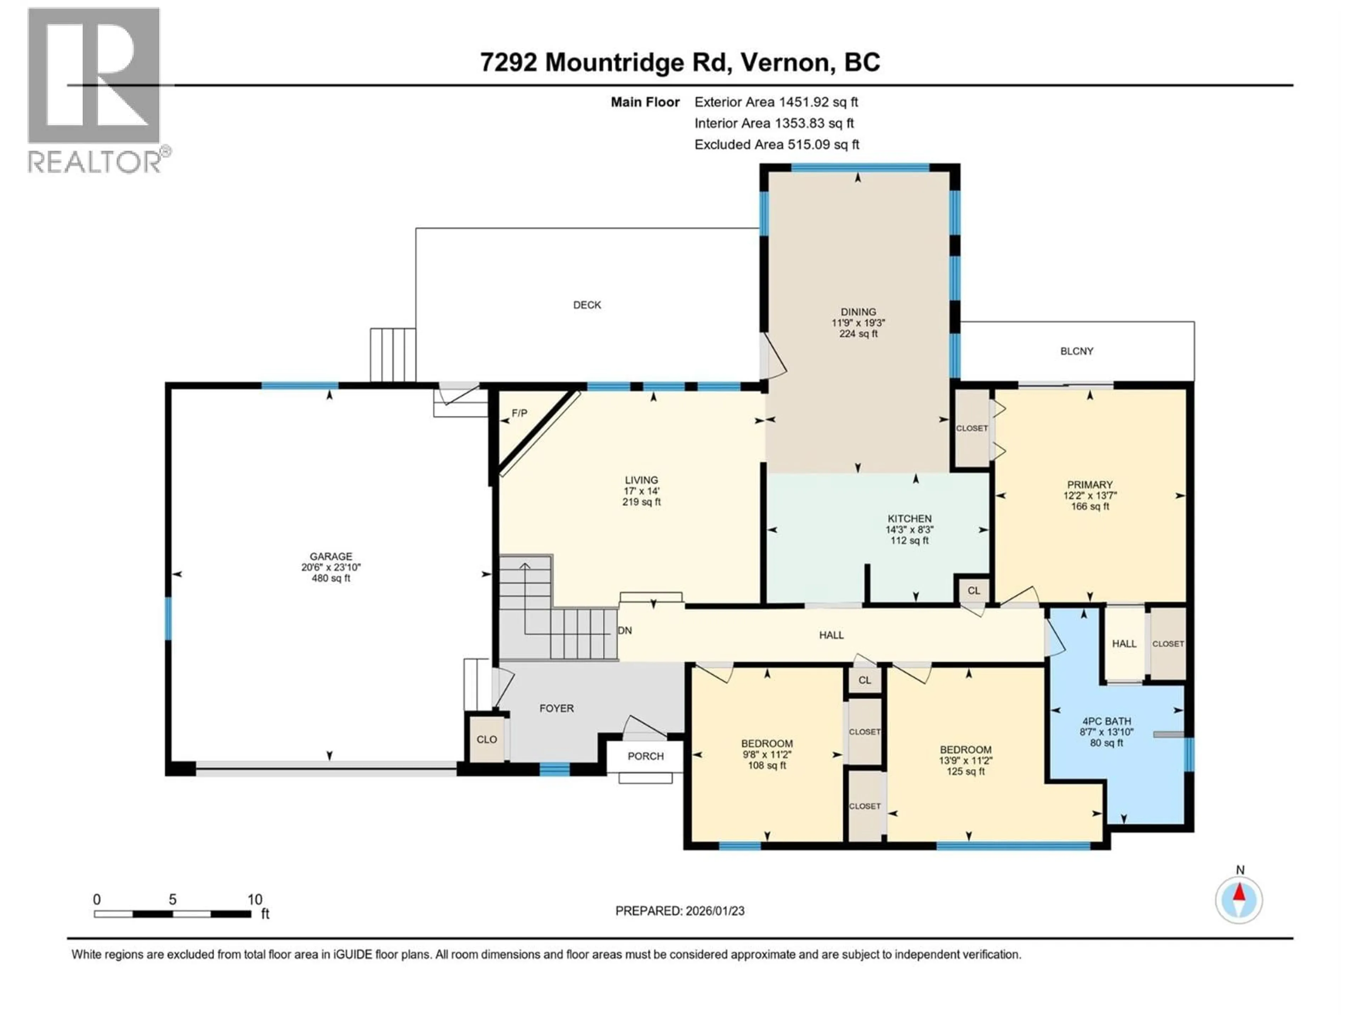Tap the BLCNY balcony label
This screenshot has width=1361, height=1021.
[x=1076, y=351]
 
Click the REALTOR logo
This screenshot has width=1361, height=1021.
[x=95, y=91]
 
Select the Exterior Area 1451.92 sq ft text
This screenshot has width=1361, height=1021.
[x=776, y=102]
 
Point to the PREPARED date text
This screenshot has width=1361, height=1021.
[x=679, y=911]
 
